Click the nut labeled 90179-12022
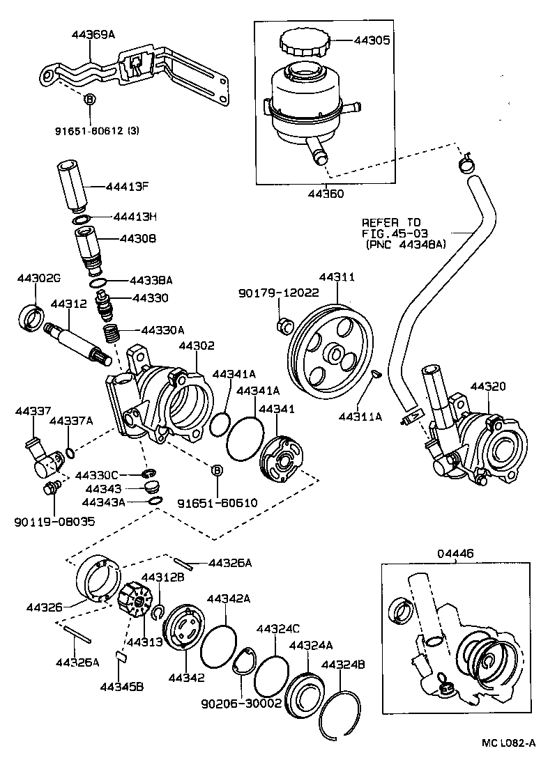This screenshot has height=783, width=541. click(x=284, y=325)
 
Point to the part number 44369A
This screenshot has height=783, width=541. click(x=93, y=33)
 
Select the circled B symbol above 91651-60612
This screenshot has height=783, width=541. click(x=89, y=100)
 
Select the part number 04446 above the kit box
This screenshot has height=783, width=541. click(x=456, y=554)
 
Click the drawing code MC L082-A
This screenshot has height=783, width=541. click(x=509, y=761)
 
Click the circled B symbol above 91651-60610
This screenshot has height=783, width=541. click(x=217, y=472)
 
